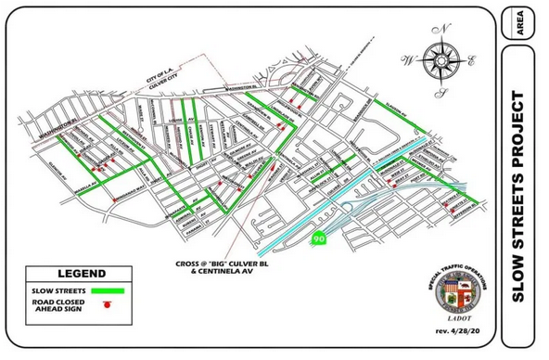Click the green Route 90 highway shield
click(319, 238)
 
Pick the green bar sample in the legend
click(109, 290)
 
